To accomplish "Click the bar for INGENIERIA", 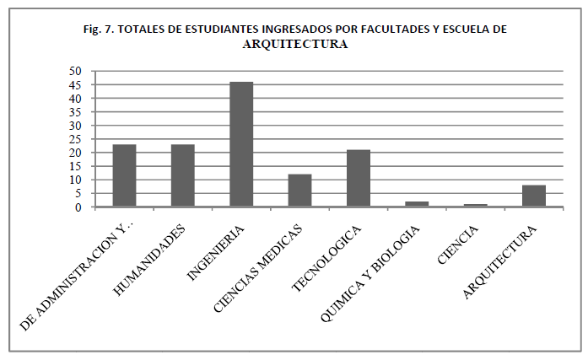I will click(241, 144).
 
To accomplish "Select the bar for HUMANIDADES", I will click(183, 175).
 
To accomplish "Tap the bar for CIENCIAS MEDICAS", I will click(299, 191).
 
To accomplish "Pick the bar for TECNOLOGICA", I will click(358, 178).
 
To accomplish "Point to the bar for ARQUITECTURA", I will click(533, 196).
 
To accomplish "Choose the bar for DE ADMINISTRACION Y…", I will click(125, 175).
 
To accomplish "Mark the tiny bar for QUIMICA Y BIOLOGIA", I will click(417, 204).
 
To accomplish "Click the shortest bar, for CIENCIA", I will click(475, 205).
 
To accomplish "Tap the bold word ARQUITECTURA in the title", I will click(294, 45).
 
